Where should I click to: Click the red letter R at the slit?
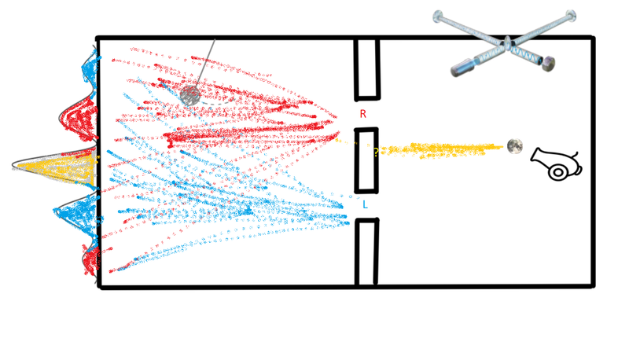(x=363, y=114)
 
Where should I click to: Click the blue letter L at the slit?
(x=365, y=205)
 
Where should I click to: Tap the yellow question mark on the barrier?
(x=376, y=152)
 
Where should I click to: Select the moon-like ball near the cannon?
(x=515, y=146)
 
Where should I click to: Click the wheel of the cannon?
(x=557, y=172)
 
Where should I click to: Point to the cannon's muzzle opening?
(x=535, y=156)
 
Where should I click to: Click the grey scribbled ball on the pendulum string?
(x=190, y=95)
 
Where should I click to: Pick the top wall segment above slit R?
(x=366, y=68)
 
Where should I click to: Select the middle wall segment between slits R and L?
(x=366, y=160)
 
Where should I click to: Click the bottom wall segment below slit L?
(x=366, y=252)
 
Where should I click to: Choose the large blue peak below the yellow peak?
(x=76, y=215)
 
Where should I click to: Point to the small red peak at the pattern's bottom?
(x=91, y=259)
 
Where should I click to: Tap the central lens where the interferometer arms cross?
(x=507, y=43)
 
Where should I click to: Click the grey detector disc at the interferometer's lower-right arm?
(x=548, y=64)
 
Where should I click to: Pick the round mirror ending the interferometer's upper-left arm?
(x=438, y=16)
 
